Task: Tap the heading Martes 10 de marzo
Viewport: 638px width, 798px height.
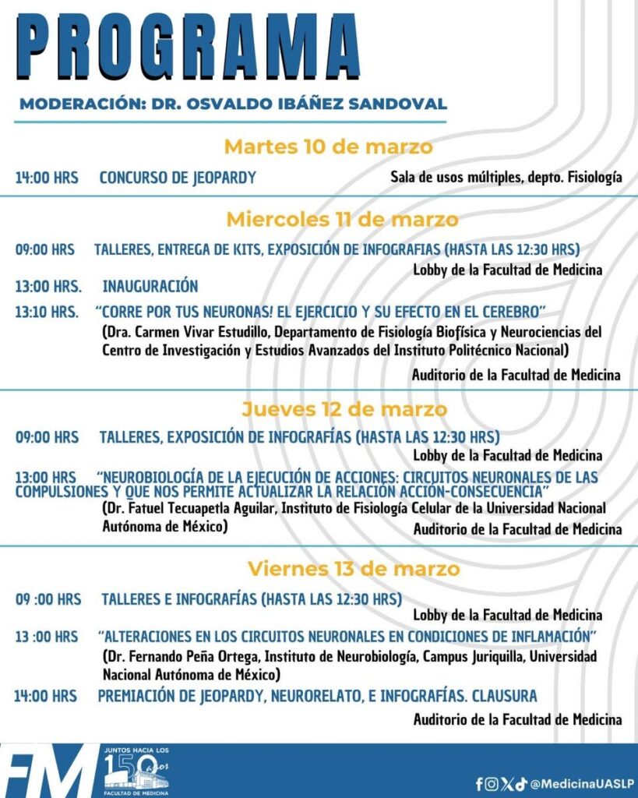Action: point(328,147)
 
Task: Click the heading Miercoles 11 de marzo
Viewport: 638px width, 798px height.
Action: point(342,220)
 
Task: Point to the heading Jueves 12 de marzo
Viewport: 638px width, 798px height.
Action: point(344,409)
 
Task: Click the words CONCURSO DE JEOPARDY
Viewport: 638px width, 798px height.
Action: point(178,178)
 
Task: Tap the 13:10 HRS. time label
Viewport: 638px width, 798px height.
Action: point(47,312)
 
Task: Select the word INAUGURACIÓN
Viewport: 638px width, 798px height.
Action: point(150,286)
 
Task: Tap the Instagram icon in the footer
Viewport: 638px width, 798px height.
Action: point(491,784)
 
